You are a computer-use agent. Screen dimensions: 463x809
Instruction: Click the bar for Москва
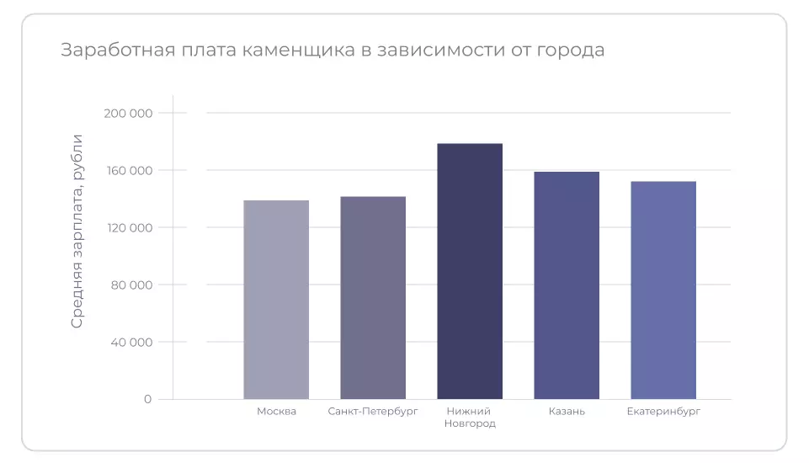(x=276, y=300)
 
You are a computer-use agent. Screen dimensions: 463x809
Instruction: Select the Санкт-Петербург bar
(x=373, y=298)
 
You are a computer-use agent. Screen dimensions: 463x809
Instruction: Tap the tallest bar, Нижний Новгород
(x=470, y=271)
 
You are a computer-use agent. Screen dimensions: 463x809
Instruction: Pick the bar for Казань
(x=567, y=285)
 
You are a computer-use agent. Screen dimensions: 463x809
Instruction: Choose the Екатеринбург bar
(x=663, y=290)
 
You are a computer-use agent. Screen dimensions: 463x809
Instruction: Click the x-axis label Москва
(x=276, y=412)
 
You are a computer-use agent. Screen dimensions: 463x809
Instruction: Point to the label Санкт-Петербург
(x=373, y=412)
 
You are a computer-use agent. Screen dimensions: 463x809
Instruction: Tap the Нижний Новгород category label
(x=470, y=418)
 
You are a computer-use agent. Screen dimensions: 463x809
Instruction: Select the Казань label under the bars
(x=567, y=412)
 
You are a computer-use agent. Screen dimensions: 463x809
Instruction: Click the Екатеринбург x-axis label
(x=663, y=412)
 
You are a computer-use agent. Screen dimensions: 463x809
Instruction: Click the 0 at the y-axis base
(x=147, y=399)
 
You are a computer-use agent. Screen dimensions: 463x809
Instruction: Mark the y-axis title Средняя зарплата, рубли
(x=77, y=231)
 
